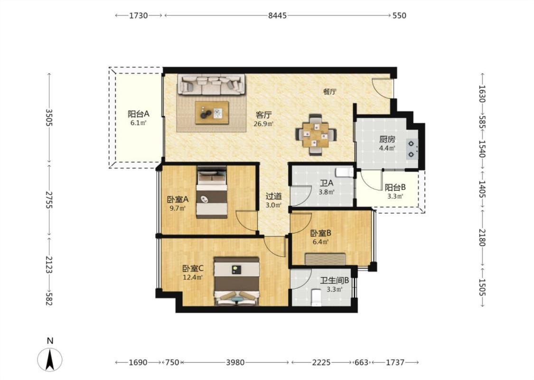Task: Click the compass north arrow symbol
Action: point(50,360)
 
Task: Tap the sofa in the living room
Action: point(211,84)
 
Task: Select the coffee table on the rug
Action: point(212,113)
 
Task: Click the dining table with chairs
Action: point(316,135)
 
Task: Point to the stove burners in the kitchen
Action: point(412,149)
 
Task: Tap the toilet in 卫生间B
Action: point(317,297)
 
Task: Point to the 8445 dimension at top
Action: point(277,15)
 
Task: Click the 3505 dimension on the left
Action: point(49,118)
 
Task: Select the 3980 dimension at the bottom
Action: point(235,362)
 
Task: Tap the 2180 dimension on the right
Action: point(482,237)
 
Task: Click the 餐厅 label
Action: point(330,91)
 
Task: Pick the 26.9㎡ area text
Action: point(263,123)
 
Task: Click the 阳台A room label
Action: point(138,114)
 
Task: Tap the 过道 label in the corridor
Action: point(273,196)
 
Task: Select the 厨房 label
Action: point(387,139)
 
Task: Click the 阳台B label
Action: point(395,188)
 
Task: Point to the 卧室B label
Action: point(321,233)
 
